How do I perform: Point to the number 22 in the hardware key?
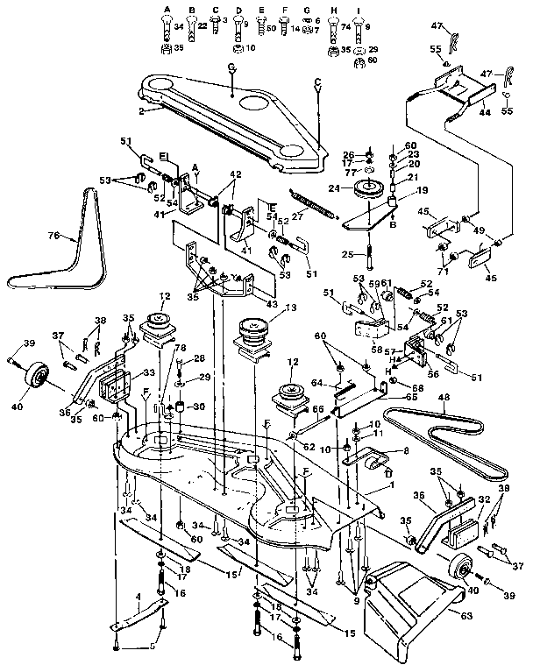pyautogui.click(x=201, y=28)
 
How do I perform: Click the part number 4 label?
pyautogui.click(x=138, y=596)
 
